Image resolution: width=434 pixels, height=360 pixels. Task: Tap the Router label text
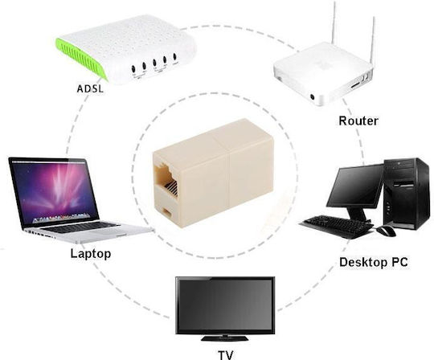(358, 121)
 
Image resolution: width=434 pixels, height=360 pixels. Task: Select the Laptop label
(91, 254)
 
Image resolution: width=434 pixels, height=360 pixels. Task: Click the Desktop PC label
(374, 262)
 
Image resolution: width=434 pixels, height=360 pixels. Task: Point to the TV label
(226, 355)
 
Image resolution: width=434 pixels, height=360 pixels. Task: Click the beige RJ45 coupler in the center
(214, 174)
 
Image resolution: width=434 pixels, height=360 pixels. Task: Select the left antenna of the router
(334, 22)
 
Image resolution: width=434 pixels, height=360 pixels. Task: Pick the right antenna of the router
(373, 42)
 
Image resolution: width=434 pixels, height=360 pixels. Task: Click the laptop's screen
(54, 192)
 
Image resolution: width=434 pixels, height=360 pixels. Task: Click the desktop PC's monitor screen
(355, 187)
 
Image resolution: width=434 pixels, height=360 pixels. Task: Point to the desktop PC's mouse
(387, 231)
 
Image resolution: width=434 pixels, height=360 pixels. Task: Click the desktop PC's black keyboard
(338, 226)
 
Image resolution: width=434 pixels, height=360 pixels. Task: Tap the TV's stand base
(224, 338)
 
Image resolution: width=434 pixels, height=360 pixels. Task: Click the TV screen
(225, 305)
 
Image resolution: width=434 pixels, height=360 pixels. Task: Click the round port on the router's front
(313, 97)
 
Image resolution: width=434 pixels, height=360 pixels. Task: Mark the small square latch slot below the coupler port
(167, 211)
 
